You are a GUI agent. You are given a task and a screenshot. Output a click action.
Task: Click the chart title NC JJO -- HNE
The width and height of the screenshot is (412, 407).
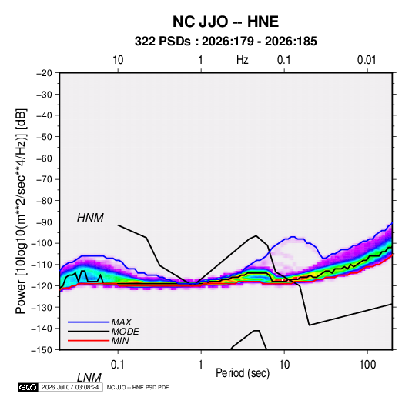point(226,22)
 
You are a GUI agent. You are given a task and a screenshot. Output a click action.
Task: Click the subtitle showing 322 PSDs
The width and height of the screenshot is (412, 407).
point(226,42)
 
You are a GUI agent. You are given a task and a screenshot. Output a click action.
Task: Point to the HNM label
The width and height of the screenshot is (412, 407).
point(90,218)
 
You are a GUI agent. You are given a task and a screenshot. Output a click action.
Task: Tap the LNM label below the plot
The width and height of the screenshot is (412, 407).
point(89,378)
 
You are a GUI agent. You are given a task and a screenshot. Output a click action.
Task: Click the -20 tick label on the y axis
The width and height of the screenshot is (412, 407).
point(44,73)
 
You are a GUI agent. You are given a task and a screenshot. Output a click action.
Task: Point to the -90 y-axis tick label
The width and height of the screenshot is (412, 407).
point(44,222)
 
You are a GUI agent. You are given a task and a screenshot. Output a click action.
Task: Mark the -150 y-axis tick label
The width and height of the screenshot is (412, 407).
point(42,350)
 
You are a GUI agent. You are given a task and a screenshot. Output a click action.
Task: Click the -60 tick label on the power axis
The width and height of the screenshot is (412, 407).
point(44,158)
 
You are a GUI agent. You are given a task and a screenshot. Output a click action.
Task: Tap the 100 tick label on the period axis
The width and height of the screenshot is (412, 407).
point(367,365)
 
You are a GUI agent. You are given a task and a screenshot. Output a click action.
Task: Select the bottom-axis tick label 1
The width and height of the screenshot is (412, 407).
point(201,365)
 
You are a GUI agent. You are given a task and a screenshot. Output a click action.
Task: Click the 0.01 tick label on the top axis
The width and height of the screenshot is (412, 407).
point(367,60)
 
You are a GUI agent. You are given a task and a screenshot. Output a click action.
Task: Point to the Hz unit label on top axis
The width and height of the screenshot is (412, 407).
point(243,60)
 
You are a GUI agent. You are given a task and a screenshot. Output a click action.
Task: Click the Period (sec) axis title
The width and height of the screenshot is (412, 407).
point(243,373)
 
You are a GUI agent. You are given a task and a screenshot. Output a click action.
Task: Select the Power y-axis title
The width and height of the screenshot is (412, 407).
point(21,212)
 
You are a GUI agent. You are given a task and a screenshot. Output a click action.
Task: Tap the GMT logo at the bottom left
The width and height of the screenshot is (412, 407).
point(28,387)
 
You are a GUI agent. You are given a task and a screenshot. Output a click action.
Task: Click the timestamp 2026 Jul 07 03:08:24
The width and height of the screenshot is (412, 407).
point(70,387)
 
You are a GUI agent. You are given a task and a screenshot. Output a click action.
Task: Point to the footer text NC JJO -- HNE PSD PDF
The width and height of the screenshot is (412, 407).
point(138,387)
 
